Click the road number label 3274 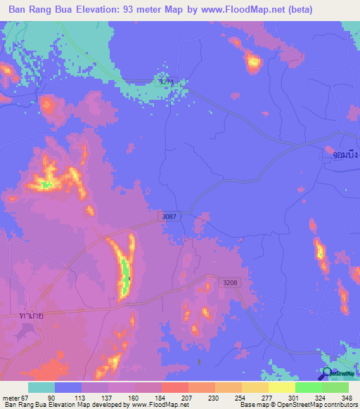click(165, 82)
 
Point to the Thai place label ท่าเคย click(32, 316)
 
